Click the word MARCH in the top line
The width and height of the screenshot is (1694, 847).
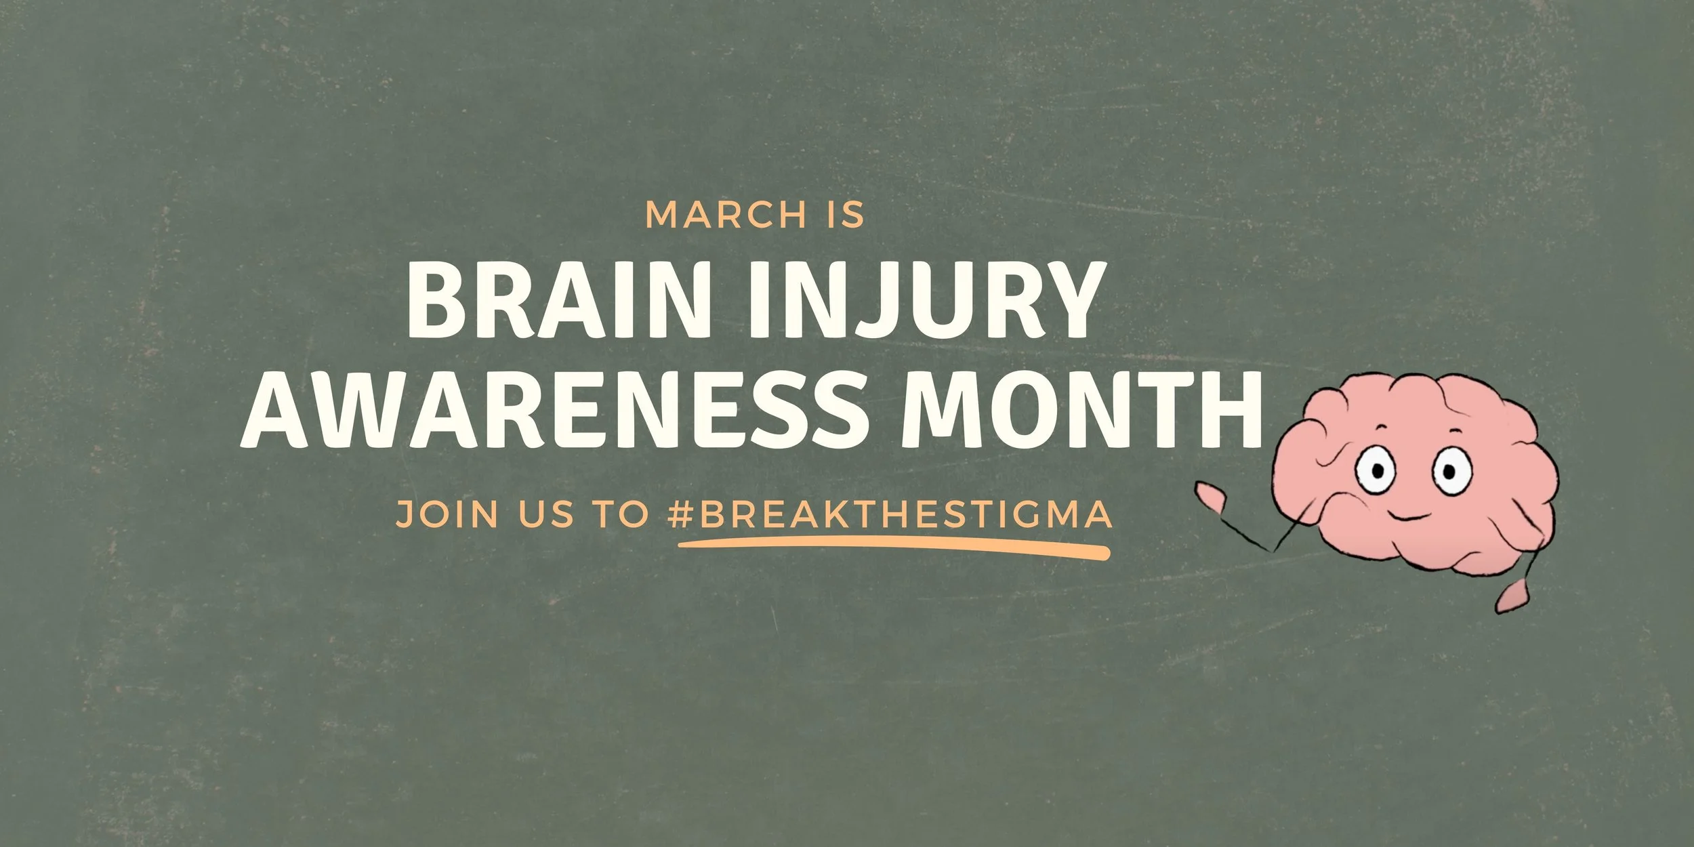point(726,214)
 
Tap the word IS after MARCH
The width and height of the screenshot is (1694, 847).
point(844,214)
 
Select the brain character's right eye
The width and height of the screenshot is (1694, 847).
point(1449,470)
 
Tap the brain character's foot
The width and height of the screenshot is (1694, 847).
point(1511,596)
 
